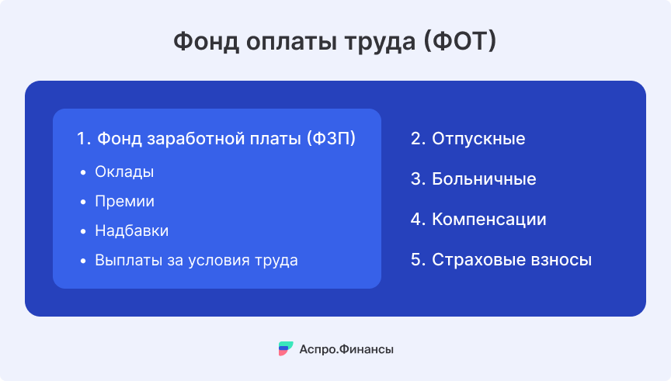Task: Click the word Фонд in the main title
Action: [207, 41]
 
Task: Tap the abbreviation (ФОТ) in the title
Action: [460, 41]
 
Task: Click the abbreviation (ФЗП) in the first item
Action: [331, 139]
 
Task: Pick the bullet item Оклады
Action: [124, 172]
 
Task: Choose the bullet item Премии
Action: [124, 201]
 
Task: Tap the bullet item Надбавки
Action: [132, 231]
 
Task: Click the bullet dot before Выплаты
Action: [83, 261]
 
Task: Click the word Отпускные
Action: [478, 139]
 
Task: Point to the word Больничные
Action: [484, 179]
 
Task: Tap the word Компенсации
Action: [489, 220]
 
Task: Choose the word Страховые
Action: [478, 260]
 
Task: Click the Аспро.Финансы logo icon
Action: [286, 348]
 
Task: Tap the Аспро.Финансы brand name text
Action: [346, 349]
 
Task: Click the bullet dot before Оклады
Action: [83, 172]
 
